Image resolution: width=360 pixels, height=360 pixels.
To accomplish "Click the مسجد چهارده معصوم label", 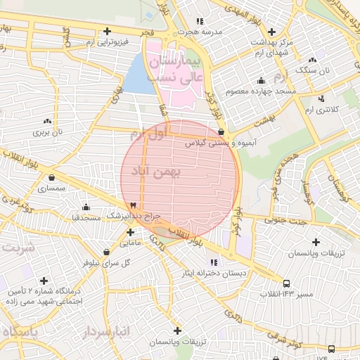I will [261, 92].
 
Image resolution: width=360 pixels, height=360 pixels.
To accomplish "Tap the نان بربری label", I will [50, 131].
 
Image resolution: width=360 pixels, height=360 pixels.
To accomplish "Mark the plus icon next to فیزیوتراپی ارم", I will [107, 31].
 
